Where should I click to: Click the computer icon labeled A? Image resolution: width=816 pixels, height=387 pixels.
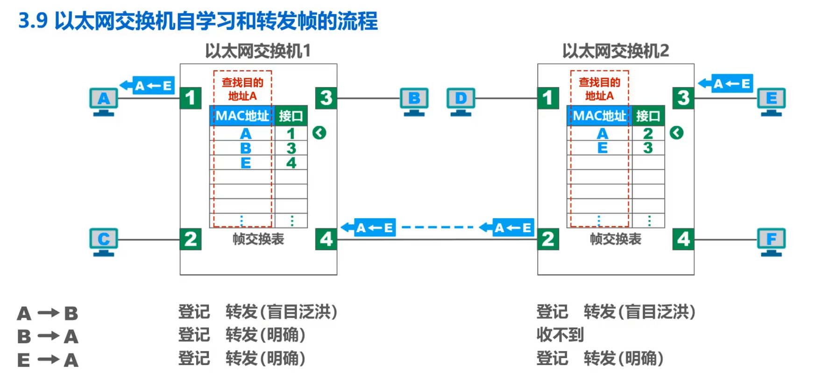pyautogui.click(x=104, y=101)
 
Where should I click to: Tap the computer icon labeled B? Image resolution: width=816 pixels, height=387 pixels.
pyautogui.click(x=414, y=101)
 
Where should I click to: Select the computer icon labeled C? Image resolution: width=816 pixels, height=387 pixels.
pyautogui.click(x=104, y=242)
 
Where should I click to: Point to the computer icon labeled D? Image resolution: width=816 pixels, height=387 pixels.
pyautogui.click(x=461, y=101)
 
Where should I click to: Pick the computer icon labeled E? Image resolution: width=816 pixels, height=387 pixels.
pyautogui.click(x=771, y=101)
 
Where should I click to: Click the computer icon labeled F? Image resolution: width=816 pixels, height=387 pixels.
pyautogui.click(x=771, y=242)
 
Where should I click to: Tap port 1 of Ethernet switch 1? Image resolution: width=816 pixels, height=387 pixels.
pyautogui.click(x=191, y=98)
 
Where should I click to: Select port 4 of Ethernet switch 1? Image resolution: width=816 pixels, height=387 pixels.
pyautogui.click(x=326, y=239)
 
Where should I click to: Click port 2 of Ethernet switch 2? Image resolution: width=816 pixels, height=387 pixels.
pyautogui.click(x=548, y=239)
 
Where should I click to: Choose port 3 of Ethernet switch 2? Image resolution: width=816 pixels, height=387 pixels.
pyautogui.click(x=683, y=98)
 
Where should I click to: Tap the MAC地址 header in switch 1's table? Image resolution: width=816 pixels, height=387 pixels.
pyautogui.click(x=242, y=116)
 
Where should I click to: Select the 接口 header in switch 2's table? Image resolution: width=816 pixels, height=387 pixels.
pyautogui.click(x=648, y=116)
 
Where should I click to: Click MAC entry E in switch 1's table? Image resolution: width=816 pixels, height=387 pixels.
pyautogui.click(x=246, y=163)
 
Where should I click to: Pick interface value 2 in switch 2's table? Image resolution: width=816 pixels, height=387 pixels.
pyautogui.click(x=648, y=133)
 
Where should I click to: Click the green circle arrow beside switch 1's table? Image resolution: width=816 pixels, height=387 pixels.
pyautogui.click(x=319, y=133)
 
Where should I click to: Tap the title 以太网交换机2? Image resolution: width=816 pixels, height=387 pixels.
pyautogui.click(x=615, y=51)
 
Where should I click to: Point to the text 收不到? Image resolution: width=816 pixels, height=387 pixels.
pyautogui.click(x=560, y=335)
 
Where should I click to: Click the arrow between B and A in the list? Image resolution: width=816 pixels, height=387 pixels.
pyautogui.click(x=48, y=336)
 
